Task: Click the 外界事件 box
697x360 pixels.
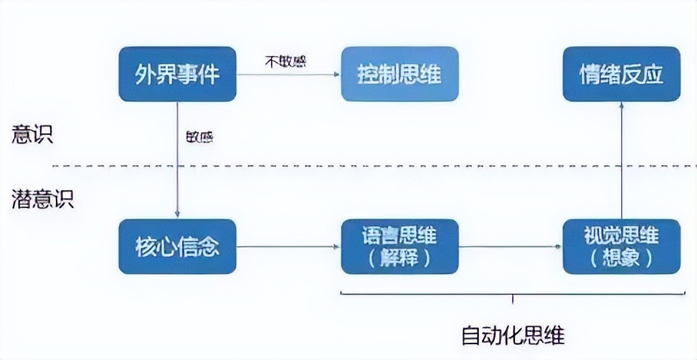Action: click(x=177, y=74)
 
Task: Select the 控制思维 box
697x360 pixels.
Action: click(x=399, y=74)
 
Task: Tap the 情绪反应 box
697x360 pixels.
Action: click(x=621, y=74)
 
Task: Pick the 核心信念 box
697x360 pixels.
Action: click(x=177, y=247)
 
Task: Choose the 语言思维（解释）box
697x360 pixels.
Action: click(x=399, y=247)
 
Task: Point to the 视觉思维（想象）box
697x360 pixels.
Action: click(x=621, y=247)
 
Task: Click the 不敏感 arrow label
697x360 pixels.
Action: click(x=285, y=62)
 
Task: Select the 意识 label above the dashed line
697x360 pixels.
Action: click(x=32, y=136)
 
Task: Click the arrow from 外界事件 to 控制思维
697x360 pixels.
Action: click(x=287, y=74)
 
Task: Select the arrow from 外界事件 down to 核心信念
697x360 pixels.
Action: click(x=177, y=165)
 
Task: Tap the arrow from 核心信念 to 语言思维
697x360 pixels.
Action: click(x=287, y=247)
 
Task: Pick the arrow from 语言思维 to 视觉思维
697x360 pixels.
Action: click(x=509, y=247)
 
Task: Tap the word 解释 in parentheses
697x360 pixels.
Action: click(x=399, y=259)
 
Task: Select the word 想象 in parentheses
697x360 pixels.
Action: click(x=621, y=259)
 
